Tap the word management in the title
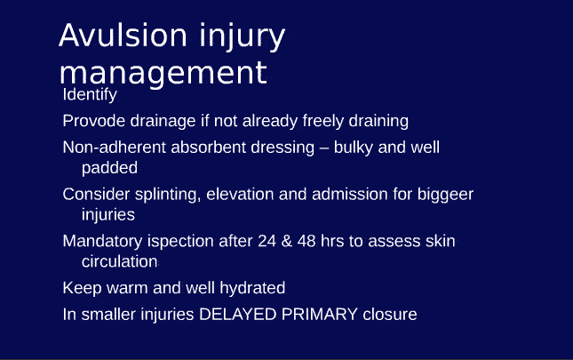[x=163, y=73]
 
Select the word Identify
[x=90, y=94]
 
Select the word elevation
[x=243, y=194]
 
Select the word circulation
[x=120, y=262]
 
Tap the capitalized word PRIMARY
[x=316, y=314]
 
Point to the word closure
[x=389, y=314]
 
